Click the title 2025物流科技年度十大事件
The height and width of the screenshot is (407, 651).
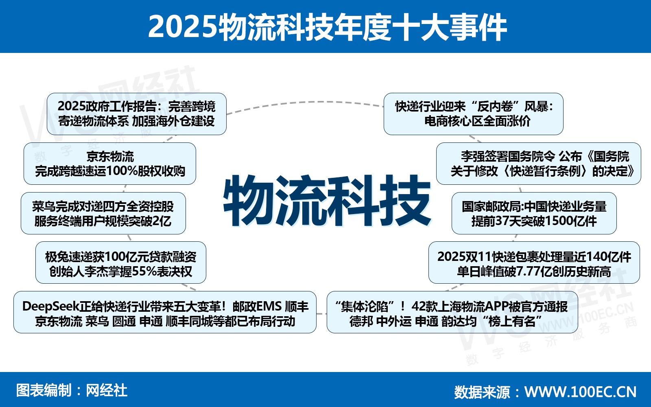click(x=328, y=27)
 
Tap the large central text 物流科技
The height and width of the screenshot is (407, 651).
click(x=327, y=200)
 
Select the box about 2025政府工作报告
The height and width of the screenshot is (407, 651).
click(x=137, y=114)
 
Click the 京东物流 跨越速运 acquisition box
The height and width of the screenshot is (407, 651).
click(x=110, y=164)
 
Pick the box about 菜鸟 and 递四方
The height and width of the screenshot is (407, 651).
click(x=103, y=213)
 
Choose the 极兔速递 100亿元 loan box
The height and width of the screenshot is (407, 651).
click(x=120, y=263)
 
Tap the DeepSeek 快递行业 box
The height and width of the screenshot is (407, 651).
click(x=165, y=312)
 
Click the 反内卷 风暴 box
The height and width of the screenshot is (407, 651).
click(x=474, y=114)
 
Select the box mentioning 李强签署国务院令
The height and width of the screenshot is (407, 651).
click(x=539, y=164)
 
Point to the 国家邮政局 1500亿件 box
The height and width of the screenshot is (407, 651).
click(x=534, y=213)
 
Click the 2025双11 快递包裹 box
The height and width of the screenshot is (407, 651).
click(x=534, y=263)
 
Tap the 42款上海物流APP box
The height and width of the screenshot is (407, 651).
click(x=452, y=312)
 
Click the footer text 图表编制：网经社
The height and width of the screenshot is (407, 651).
click(x=72, y=390)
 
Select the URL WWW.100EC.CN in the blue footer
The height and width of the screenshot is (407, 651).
click(x=580, y=392)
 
